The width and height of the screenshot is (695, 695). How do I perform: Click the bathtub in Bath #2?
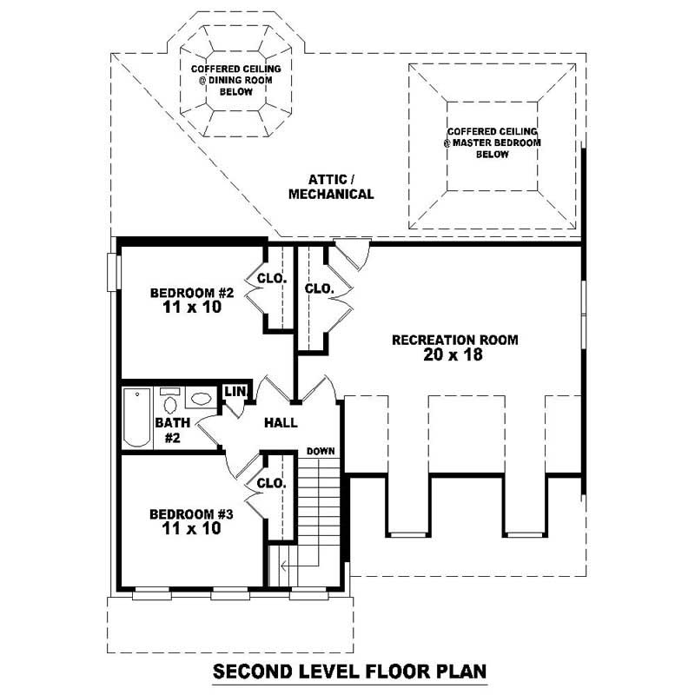(136, 417)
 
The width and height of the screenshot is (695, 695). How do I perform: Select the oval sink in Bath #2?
(201, 400)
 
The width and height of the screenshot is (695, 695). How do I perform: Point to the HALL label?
(281, 423)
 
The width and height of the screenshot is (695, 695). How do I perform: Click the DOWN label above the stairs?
(321, 451)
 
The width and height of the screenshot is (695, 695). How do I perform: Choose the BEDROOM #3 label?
(191, 513)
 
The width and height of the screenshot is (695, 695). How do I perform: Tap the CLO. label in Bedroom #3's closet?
(271, 483)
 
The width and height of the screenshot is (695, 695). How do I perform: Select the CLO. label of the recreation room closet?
(319, 288)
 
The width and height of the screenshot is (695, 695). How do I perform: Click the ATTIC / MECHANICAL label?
(331, 187)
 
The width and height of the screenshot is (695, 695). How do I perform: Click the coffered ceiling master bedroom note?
(492, 142)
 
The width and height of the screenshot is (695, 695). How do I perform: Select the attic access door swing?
(353, 252)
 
